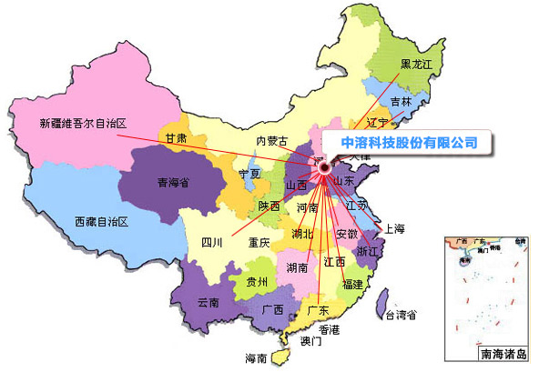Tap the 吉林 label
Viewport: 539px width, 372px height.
point(401,101)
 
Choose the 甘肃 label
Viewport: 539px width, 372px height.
point(177,138)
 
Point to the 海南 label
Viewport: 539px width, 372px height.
point(256,357)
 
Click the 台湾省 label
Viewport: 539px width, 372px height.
point(401,316)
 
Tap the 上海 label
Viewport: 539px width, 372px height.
point(394,228)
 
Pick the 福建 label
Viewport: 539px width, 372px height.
point(352,284)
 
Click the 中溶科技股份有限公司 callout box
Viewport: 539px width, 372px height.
point(408,143)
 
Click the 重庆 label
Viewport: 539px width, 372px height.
point(258,243)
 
